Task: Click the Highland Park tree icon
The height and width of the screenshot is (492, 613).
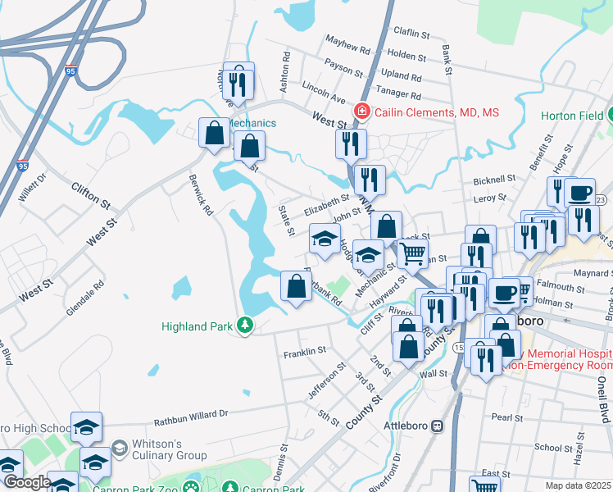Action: coord(244,326)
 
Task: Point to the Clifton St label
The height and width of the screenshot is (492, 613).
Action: coord(90,195)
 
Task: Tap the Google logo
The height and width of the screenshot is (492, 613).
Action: coord(27,482)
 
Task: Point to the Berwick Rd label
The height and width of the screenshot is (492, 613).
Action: coord(201,194)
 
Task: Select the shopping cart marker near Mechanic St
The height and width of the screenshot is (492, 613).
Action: coord(412,252)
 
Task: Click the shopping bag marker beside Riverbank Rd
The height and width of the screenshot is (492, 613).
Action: coord(296,286)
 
